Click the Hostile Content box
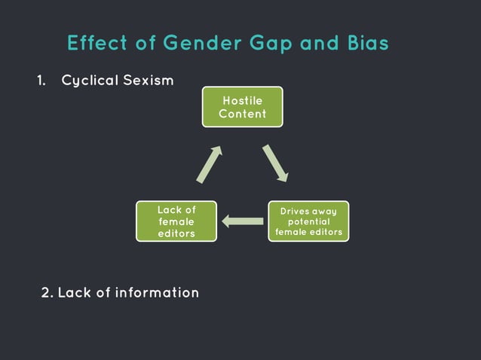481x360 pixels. pos(242,106)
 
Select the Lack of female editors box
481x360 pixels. pos(176,221)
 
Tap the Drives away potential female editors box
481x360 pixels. pos(308,221)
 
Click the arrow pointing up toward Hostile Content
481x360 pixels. pos(209,164)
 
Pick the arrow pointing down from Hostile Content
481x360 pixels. pos(275,163)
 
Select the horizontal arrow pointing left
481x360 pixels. pos(242,221)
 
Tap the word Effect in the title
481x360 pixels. pos(93,44)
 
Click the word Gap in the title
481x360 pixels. pos(268,44)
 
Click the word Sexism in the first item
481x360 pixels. pos(149,81)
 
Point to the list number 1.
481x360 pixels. pos(41,81)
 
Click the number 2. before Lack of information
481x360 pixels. pos(47,291)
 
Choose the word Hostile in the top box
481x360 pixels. pos(242,99)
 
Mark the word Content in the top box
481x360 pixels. pos(242,114)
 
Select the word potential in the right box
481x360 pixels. pos(308,221)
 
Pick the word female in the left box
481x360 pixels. pos(176,221)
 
